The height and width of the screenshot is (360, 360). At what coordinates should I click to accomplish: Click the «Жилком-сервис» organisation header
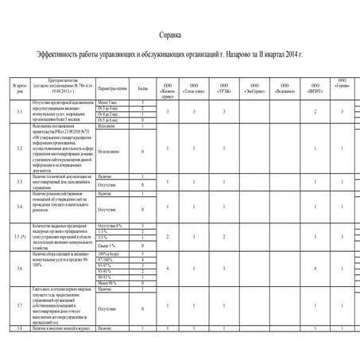tap(168, 89)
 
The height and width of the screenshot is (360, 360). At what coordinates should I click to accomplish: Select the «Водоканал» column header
tap(284, 88)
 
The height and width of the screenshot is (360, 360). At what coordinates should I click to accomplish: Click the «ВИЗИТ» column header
tap(315, 88)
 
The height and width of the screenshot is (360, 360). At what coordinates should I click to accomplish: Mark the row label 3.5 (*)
tap(20, 236)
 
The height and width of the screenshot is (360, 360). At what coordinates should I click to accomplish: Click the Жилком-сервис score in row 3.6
tap(168, 270)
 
